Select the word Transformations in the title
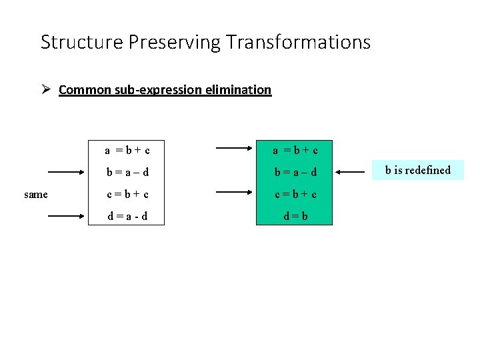(x=298, y=43)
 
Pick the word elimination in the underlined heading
(x=241, y=89)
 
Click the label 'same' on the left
(x=35, y=195)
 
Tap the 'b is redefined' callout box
(x=418, y=170)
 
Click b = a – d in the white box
(x=126, y=173)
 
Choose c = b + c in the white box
(x=126, y=195)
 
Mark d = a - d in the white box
(x=126, y=217)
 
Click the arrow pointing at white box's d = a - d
(x=67, y=216)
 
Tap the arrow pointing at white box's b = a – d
(x=67, y=172)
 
